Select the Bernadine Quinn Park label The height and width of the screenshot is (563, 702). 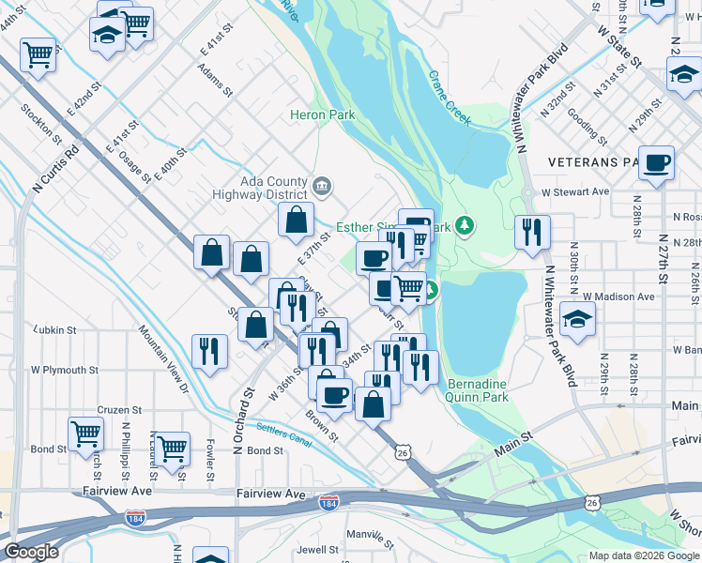pos(478,390)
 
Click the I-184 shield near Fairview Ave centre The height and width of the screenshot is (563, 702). pos(328,503)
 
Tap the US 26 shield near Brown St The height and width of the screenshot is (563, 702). pos(403,452)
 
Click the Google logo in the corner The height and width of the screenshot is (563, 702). pos(31,552)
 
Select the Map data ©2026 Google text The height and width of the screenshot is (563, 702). pos(643,555)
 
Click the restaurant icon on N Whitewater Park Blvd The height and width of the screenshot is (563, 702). pos(532,232)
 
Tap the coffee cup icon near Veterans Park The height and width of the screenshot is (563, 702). pos(656,162)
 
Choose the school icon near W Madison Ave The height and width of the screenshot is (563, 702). pos(577,319)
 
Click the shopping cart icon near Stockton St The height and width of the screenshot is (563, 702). pos(38,54)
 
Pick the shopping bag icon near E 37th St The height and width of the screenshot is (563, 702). pos(296,221)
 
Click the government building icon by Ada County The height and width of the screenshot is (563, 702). pos(322,187)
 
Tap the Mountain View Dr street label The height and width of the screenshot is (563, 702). pos(164,358)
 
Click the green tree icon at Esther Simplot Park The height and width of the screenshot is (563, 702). pos(465,225)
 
